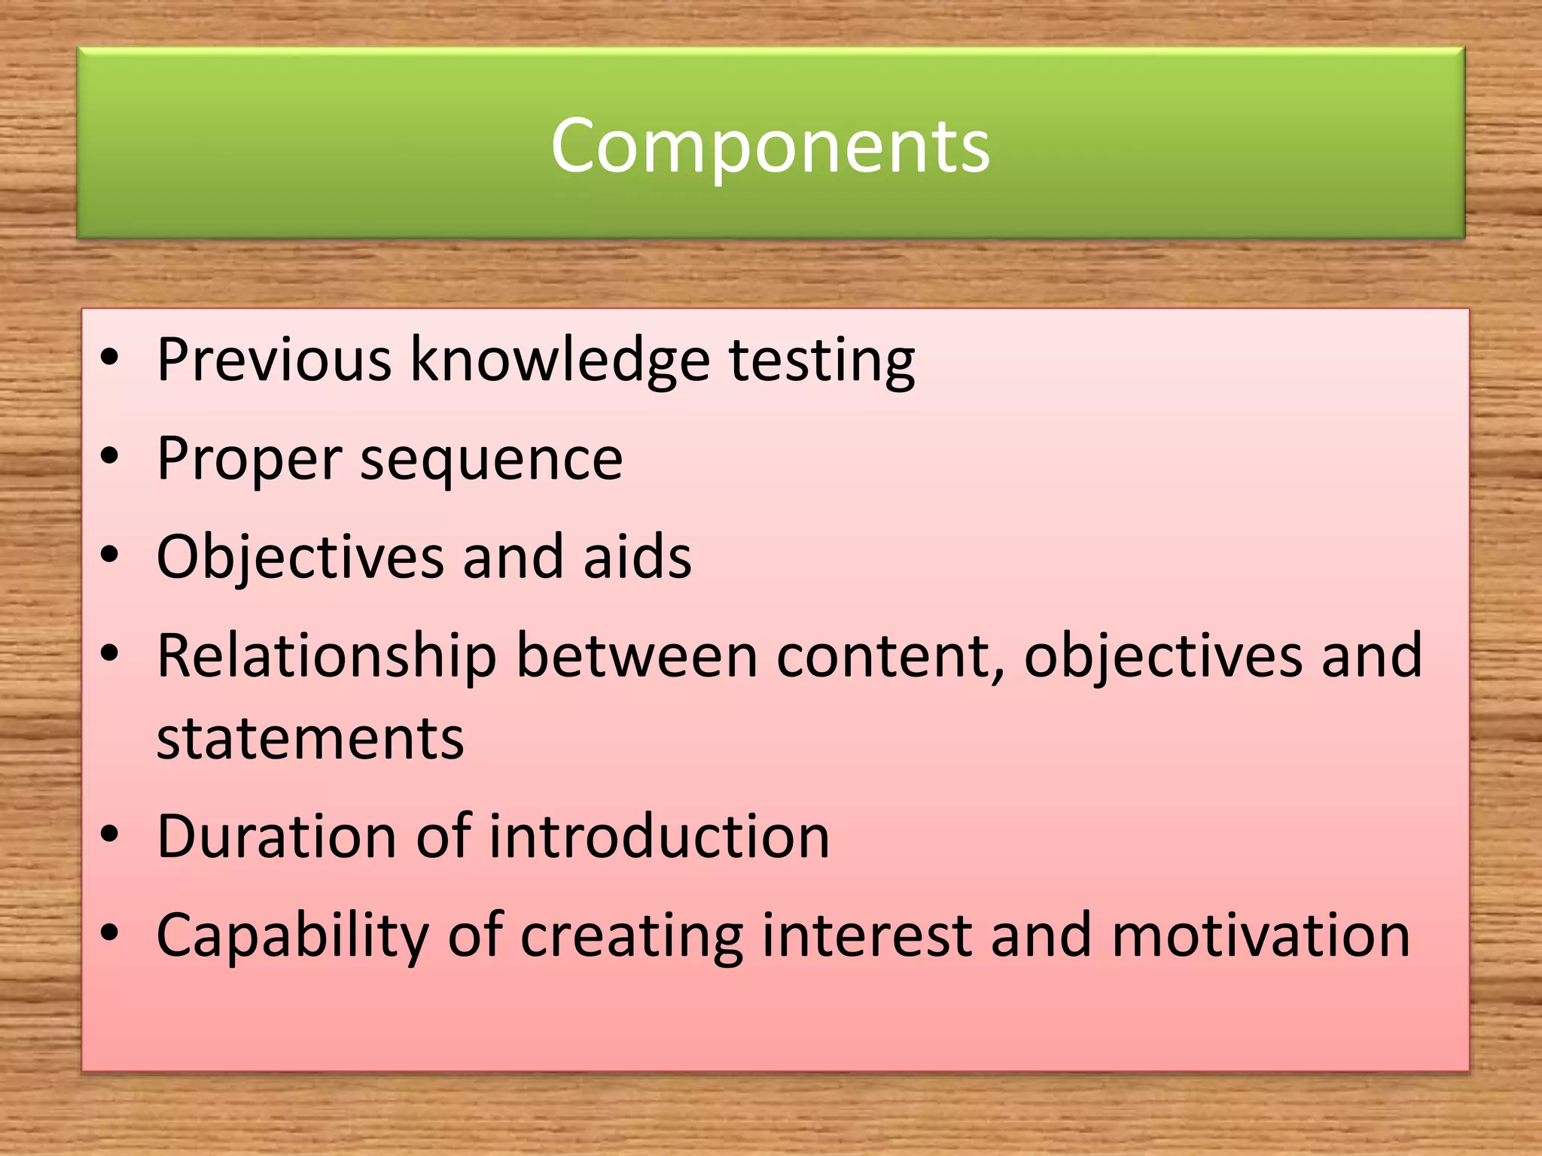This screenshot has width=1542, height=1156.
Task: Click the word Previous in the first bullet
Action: point(274,360)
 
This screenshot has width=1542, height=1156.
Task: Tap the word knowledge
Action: point(559,360)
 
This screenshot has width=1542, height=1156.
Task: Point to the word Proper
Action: point(249,459)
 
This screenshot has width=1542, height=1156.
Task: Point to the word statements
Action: point(310,738)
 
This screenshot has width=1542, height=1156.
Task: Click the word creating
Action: point(632,936)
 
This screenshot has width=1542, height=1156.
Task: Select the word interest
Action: point(867,935)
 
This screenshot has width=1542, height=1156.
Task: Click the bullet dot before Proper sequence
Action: point(110,456)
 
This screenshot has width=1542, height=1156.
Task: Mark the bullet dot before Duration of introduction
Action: point(110,834)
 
